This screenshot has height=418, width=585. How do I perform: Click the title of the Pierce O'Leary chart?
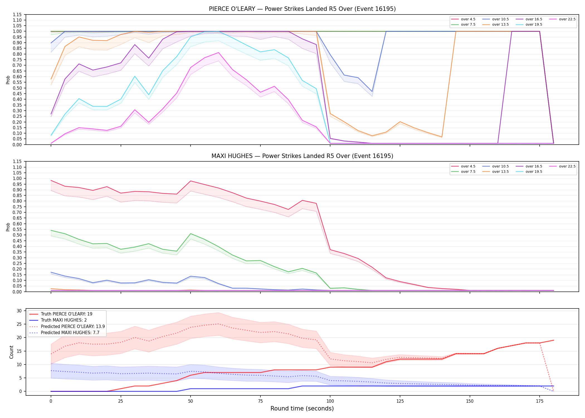(302, 9)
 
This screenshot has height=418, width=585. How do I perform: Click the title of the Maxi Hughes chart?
(302, 156)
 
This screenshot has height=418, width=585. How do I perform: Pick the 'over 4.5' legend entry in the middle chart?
(464, 166)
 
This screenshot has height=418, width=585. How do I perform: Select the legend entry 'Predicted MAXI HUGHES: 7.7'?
(64, 332)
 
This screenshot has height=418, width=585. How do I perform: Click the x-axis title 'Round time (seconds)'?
(302, 409)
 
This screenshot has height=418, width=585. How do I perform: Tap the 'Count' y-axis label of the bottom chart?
(11, 352)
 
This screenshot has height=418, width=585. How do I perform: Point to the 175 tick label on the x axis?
(540, 401)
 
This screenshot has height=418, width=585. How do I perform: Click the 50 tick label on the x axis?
(190, 401)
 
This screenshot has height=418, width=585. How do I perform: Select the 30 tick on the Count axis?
(19, 311)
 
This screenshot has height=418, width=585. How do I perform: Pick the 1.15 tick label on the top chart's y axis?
(17, 14)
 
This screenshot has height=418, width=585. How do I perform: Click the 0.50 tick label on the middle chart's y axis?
(17, 235)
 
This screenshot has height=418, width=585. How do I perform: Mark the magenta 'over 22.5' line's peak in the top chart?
(218, 52)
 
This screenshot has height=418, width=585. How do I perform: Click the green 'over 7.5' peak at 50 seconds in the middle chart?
(191, 234)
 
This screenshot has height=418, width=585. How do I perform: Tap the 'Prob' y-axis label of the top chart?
(8, 80)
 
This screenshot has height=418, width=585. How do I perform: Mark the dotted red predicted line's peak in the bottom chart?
(218, 324)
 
